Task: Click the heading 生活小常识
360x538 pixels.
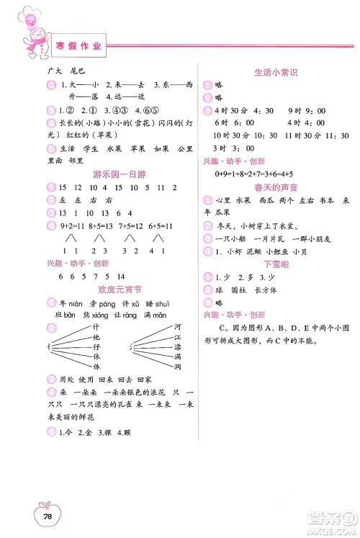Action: (x=276, y=72)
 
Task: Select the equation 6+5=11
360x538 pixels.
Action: (x=159, y=226)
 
